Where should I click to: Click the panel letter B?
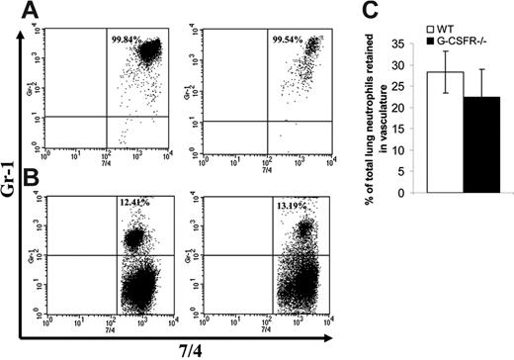pos(43,180)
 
